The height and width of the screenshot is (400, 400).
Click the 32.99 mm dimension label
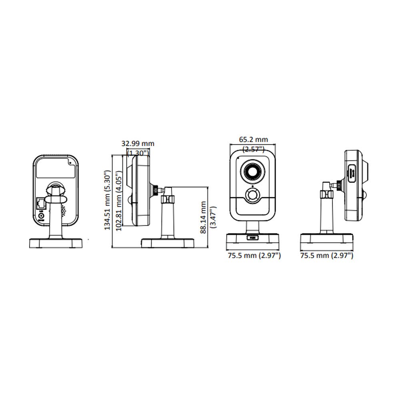138,143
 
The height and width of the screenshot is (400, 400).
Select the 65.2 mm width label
253,140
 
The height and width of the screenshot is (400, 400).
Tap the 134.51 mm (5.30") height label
108,200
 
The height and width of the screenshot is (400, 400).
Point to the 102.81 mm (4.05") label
119,201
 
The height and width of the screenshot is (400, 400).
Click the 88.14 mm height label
203,217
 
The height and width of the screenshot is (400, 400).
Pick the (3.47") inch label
213,217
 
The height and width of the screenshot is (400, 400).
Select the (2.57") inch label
253,149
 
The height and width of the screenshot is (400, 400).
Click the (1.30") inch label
138,153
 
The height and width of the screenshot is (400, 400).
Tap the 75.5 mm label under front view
254,255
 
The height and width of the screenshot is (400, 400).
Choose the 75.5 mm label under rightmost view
327,255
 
